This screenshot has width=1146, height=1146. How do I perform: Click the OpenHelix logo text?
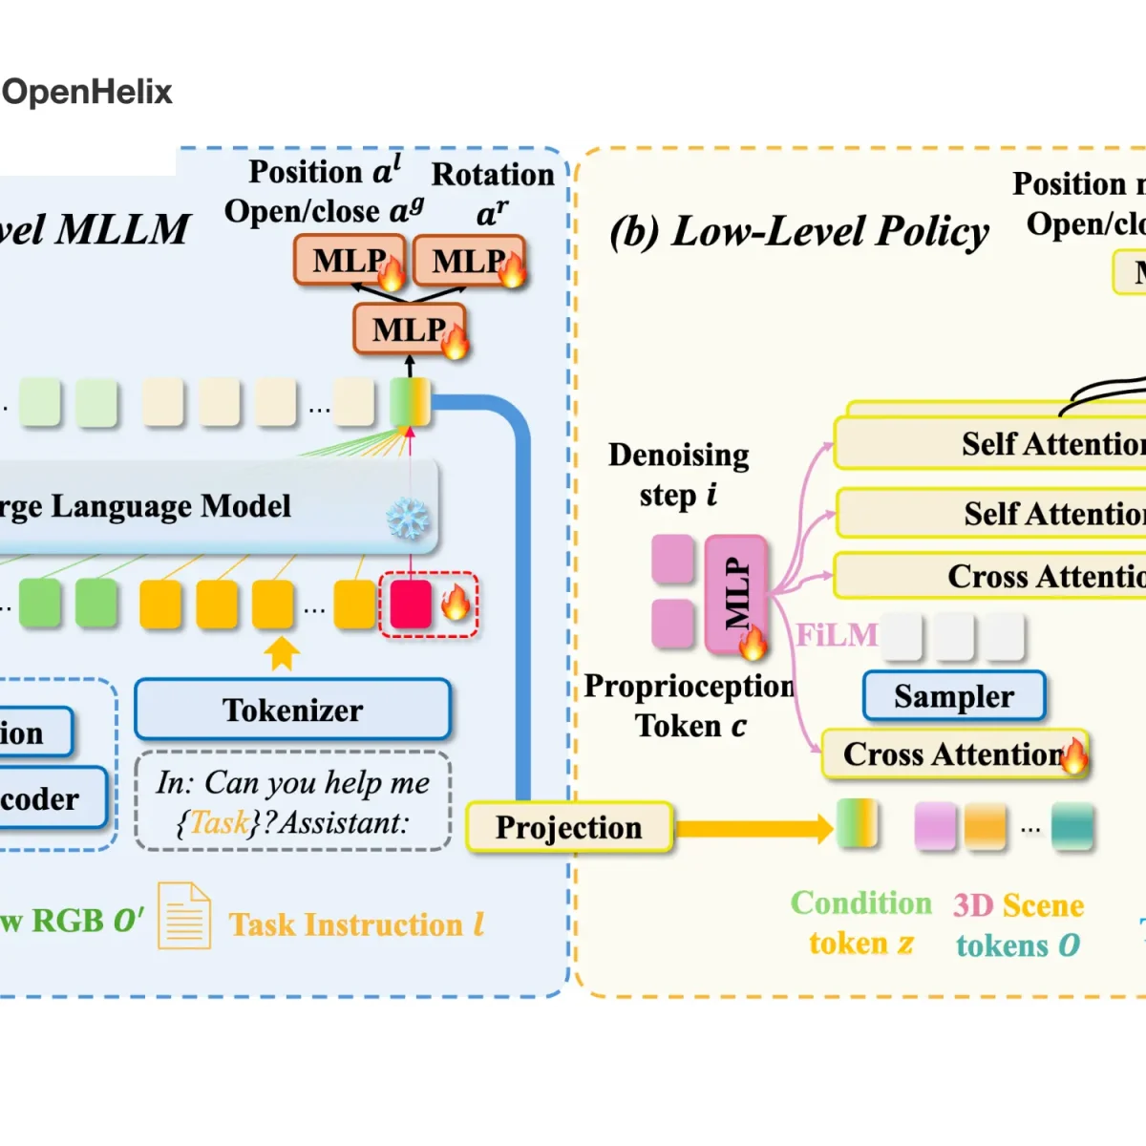pos(87,92)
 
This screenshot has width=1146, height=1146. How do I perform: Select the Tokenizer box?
pos(292,710)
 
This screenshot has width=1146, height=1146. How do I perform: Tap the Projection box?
pos(568,827)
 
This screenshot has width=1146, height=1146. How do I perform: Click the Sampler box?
pos(953,696)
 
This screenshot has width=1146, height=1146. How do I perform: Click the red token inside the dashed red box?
pos(411,604)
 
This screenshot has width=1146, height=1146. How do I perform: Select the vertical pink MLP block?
pos(736,594)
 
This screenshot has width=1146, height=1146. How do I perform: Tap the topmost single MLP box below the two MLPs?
pos(409,329)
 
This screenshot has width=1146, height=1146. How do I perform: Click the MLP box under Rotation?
pos(468,261)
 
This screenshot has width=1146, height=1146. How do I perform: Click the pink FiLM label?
pos(837,635)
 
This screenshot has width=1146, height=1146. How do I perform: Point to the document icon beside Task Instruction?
pos(183,915)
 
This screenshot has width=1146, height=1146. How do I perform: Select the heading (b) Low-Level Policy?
pos(798,231)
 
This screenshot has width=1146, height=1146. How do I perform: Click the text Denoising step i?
pos(678,475)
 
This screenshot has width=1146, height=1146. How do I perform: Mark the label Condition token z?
pos(860,923)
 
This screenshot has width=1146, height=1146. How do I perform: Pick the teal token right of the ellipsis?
pos(1072,826)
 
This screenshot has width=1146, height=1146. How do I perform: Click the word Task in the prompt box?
pos(219,822)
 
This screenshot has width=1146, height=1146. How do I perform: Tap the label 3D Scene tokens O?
pos(1018,924)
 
